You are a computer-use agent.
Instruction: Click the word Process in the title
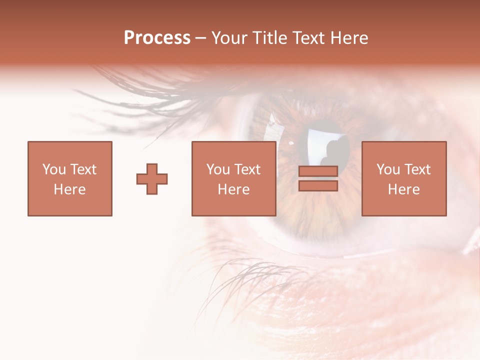click(157, 38)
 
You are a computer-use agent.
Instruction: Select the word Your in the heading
click(229, 38)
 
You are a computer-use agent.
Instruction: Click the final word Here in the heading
click(350, 38)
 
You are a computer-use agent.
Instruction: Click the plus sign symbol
click(152, 178)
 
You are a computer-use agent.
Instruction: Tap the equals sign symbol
click(318, 178)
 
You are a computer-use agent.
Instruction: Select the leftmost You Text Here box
click(69, 178)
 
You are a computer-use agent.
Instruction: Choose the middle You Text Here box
click(233, 178)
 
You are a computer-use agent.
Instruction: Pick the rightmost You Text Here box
click(403, 178)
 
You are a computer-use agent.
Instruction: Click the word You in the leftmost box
click(54, 169)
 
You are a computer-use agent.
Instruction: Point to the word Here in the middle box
click(233, 189)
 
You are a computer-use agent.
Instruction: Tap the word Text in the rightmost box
click(418, 169)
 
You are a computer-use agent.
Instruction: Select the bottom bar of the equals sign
click(318, 185)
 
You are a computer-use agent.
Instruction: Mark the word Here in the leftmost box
click(69, 189)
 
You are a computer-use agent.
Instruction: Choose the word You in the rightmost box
click(388, 169)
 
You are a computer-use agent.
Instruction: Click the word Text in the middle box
click(248, 169)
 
